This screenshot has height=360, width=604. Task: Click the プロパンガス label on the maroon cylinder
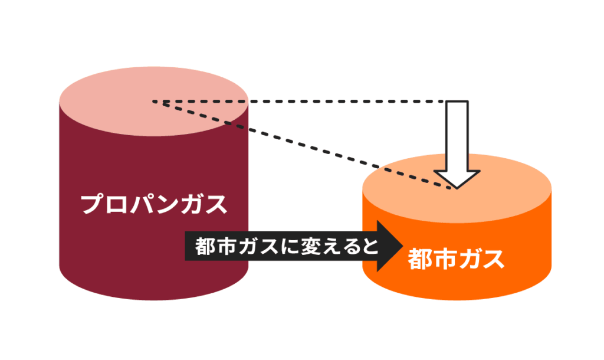point(153,204)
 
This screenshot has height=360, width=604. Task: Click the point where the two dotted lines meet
point(155,102)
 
